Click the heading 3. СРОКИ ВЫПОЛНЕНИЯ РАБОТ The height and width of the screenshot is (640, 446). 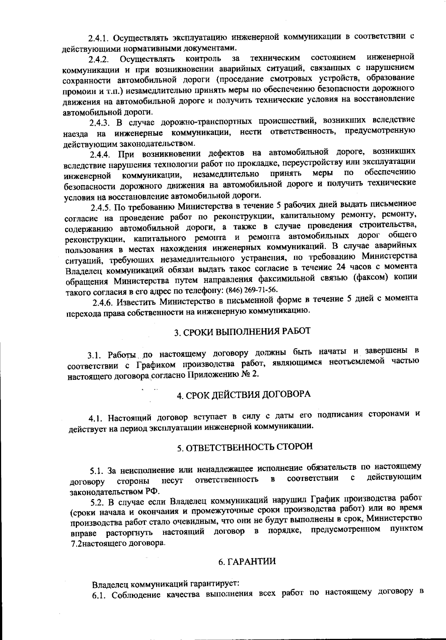tap(242, 331)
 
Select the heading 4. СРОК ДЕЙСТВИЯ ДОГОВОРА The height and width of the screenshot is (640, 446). tap(243, 394)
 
